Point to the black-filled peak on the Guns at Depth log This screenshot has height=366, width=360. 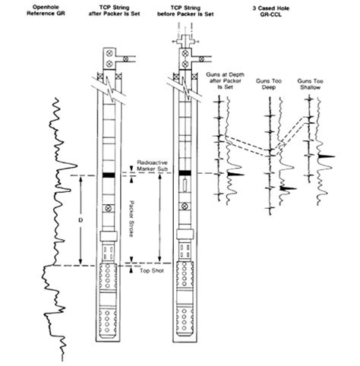(x=233, y=175)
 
